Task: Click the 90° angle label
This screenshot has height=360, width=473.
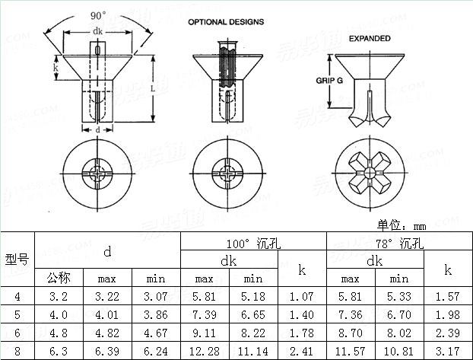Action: (x=98, y=15)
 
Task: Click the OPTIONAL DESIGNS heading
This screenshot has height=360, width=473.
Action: (x=226, y=22)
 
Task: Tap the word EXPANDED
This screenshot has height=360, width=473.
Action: (x=370, y=38)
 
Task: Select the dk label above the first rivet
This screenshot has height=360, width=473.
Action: (x=97, y=31)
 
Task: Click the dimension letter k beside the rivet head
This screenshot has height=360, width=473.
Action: (x=56, y=68)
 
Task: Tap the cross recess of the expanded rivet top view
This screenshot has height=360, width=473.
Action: (x=370, y=172)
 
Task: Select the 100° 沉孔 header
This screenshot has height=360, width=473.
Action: (x=253, y=244)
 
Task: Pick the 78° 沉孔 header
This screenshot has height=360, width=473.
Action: (x=399, y=244)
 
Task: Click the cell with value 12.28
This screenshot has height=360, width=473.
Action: (x=204, y=352)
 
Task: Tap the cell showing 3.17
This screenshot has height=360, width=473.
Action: (x=447, y=352)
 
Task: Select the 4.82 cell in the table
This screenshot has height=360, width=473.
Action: (x=107, y=333)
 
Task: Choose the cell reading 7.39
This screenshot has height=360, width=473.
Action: (x=204, y=314)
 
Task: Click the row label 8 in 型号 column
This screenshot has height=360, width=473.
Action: (x=17, y=352)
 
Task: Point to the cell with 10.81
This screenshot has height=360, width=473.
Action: (x=398, y=352)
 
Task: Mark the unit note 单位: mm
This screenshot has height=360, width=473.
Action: (x=402, y=225)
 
